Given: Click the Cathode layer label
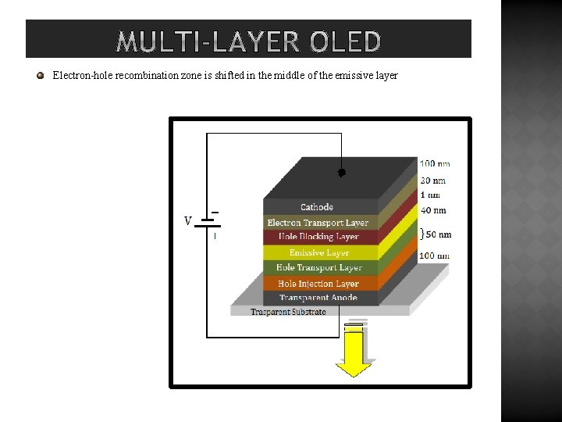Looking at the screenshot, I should click(x=317, y=207).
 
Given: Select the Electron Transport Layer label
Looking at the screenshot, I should click(x=318, y=223).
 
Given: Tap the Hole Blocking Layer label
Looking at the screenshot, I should click(x=318, y=237).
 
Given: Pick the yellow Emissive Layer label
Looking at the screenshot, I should click(x=318, y=252).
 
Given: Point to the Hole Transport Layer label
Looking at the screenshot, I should click(x=318, y=268).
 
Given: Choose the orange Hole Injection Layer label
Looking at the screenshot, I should click(x=318, y=284).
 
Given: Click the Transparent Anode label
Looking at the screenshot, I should click(x=318, y=298).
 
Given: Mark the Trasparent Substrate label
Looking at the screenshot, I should click(x=288, y=312).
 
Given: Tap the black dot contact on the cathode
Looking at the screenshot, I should click(x=341, y=173).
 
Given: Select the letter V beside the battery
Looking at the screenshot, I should click(x=187, y=221).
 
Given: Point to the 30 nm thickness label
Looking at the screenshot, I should click(x=433, y=181).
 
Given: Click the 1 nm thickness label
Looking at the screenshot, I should click(x=430, y=195).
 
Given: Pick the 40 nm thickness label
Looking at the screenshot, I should click(x=433, y=210).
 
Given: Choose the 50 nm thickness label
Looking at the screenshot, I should click(x=438, y=234).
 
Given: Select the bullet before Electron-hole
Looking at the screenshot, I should click(x=40, y=76).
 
